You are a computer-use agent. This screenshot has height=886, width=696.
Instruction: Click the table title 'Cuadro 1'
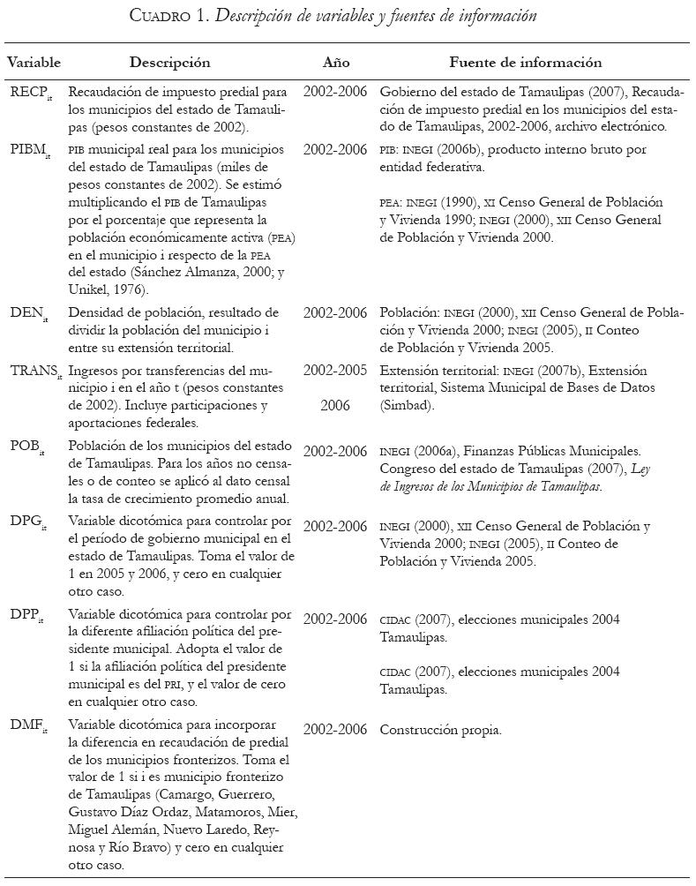click(184, 17)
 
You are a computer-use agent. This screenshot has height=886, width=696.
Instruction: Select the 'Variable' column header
click(34, 63)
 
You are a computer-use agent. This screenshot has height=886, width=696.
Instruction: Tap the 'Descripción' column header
click(169, 63)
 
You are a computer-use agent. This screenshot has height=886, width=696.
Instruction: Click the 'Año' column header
click(336, 63)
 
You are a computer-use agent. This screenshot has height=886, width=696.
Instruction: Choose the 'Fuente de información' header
click(525, 63)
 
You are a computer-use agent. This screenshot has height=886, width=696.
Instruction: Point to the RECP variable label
click(33, 93)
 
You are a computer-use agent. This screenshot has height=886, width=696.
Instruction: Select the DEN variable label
click(29, 314)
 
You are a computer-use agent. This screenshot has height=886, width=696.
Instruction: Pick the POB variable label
click(29, 453)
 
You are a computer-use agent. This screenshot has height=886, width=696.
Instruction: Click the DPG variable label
click(29, 528)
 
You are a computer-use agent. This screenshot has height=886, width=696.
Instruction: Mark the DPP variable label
click(29, 620)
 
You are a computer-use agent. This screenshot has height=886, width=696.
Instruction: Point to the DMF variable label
click(29, 730)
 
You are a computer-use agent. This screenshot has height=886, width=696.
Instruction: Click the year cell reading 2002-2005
click(335, 372)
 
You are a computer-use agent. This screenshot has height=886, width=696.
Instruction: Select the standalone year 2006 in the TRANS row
click(335, 406)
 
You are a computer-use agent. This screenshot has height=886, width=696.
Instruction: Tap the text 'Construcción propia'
click(440, 730)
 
